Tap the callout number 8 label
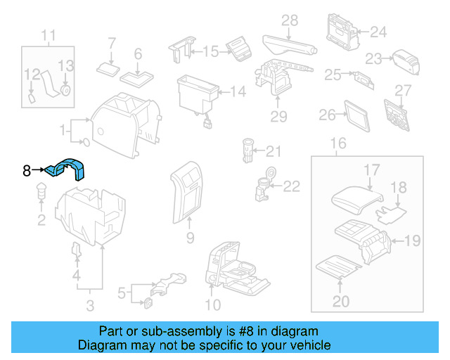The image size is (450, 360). pyautogui.click(x=27, y=170)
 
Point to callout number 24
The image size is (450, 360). pyautogui.click(x=378, y=32)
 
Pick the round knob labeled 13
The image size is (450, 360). pyautogui.click(x=65, y=91)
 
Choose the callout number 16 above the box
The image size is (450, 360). pyautogui.click(x=338, y=144)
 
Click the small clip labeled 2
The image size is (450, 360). pyautogui.click(x=41, y=191)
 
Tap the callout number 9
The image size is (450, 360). pyautogui.click(x=190, y=239)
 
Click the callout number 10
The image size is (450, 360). pyautogui.click(x=212, y=304)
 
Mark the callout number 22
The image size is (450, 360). pyautogui.click(x=291, y=186)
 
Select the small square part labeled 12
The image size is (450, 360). pyautogui.click(x=32, y=98)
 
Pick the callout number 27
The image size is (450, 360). pyautogui.click(x=401, y=90)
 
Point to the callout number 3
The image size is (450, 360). pyautogui.click(x=90, y=304)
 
